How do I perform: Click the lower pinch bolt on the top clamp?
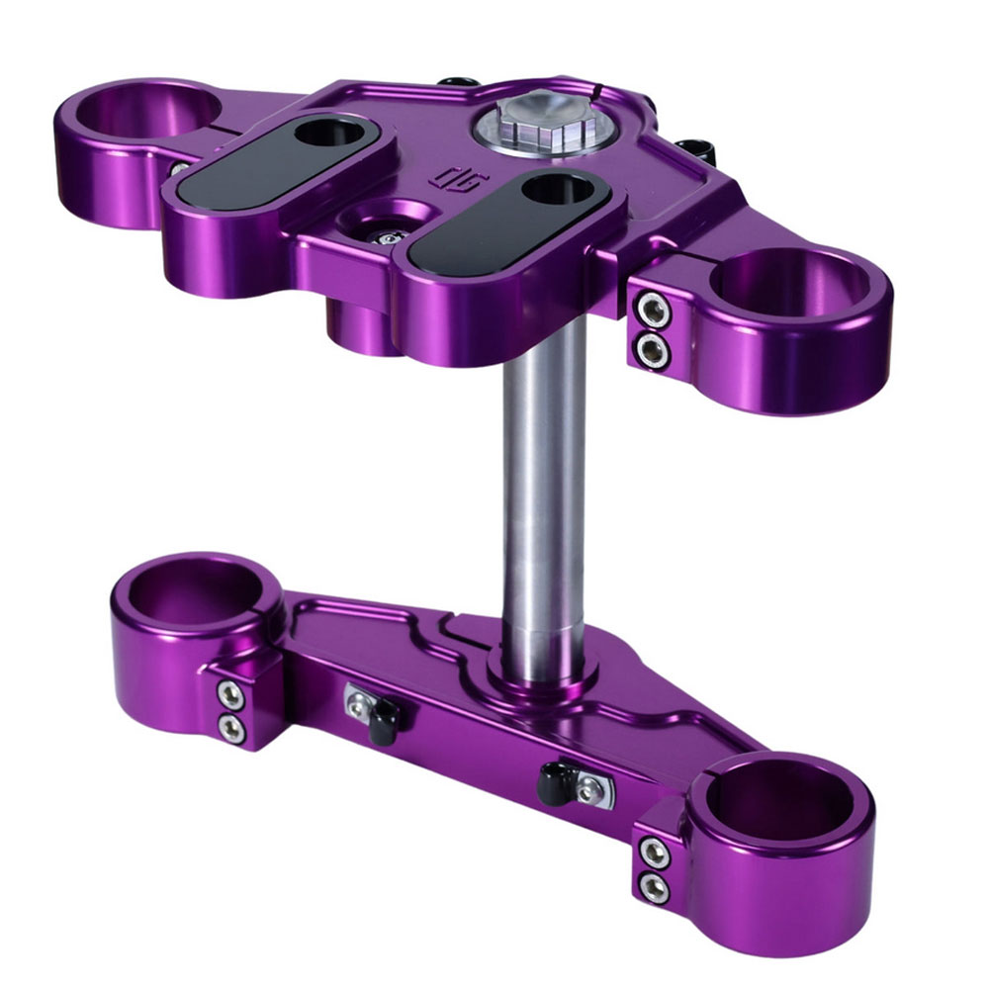(651, 348)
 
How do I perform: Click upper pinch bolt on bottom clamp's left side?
(229, 695)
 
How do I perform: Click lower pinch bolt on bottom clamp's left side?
(230, 730)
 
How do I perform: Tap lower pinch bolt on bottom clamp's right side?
(653, 886)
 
